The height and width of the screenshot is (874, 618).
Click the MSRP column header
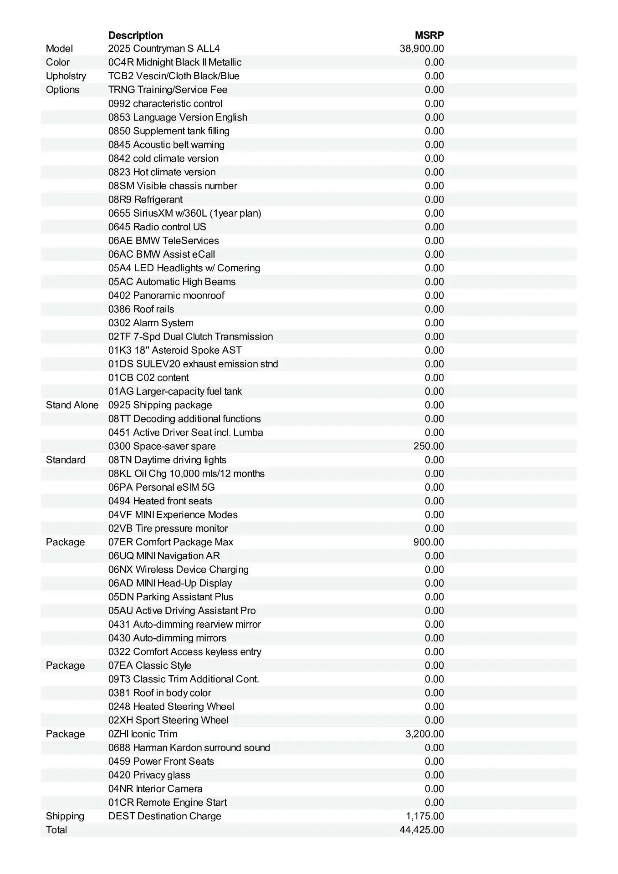coord(429,35)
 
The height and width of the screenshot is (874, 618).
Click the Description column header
coord(135,35)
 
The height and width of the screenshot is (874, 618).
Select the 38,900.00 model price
coord(422,49)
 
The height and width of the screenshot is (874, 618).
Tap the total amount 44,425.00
coord(422,829)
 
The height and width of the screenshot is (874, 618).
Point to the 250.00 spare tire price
coord(429,446)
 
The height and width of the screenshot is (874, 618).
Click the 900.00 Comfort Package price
coord(429,542)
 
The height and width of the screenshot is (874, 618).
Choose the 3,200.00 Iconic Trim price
coord(424,734)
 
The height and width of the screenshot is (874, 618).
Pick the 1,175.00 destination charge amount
coord(424,816)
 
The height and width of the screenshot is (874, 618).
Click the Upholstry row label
coord(66,76)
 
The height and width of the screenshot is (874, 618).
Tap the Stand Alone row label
coord(72,405)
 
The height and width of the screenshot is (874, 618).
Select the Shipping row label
coord(65,816)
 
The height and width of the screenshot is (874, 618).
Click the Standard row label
coord(66,460)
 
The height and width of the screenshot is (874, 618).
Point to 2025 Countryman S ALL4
coord(164,49)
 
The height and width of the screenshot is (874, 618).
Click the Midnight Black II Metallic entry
coord(175,62)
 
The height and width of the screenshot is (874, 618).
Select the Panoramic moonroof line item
coord(166,295)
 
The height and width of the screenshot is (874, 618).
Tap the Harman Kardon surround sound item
coord(189,747)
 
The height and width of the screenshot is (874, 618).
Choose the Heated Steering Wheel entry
coord(171,706)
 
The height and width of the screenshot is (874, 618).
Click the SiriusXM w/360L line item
coord(184,213)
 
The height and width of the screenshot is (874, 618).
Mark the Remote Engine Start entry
coord(168,802)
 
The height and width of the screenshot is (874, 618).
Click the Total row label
coord(56,829)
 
